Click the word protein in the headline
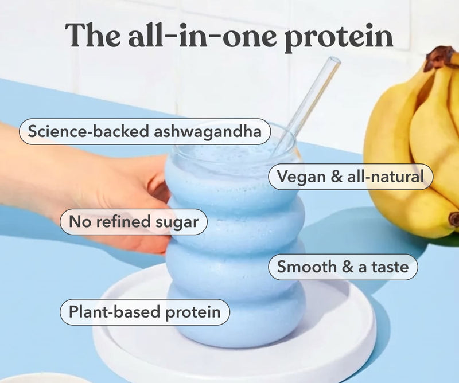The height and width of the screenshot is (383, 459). [x=339, y=36]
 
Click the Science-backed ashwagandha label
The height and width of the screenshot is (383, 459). [x=145, y=132]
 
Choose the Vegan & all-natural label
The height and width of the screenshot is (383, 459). [x=351, y=177]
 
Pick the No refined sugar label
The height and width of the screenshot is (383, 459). [x=133, y=222]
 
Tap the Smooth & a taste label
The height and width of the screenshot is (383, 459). [x=343, y=267]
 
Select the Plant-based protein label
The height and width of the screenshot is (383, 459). [x=145, y=312]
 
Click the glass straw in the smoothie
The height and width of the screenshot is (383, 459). [x=310, y=97]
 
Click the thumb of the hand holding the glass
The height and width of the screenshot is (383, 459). [x=152, y=183]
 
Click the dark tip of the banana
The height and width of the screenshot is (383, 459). [x=454, y=218]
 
